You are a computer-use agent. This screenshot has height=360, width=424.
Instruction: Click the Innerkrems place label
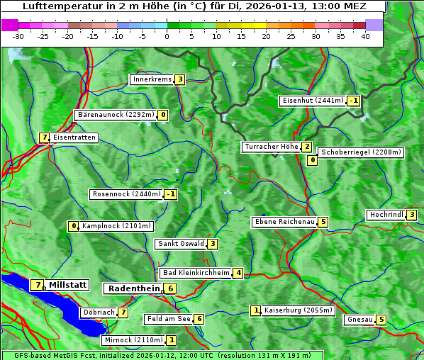[152, 79]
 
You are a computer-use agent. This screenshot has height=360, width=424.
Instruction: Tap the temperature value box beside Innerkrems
[180, 79]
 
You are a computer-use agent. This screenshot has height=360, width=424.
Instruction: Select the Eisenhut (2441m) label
[312, 101]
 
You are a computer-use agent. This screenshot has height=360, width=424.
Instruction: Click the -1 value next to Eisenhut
[353, 101]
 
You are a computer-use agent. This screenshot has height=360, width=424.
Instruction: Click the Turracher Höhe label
[271, 147]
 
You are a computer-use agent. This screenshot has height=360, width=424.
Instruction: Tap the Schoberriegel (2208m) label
[361, 152]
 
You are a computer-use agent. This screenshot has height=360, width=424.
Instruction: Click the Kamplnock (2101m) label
[116, 227]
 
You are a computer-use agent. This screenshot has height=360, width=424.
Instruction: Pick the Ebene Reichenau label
[284, 222]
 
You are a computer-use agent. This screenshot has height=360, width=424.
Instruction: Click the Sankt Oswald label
[180, 244]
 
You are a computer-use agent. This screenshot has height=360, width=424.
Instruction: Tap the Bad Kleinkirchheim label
[196, 273]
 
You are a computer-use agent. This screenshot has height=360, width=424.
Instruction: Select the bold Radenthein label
[133, 288]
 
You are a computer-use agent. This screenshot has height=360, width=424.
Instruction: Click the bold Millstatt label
[68, 285]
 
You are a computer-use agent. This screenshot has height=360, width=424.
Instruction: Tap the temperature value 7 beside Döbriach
[123, 312]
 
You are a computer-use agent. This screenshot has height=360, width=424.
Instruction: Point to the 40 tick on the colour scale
[365, 36]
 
